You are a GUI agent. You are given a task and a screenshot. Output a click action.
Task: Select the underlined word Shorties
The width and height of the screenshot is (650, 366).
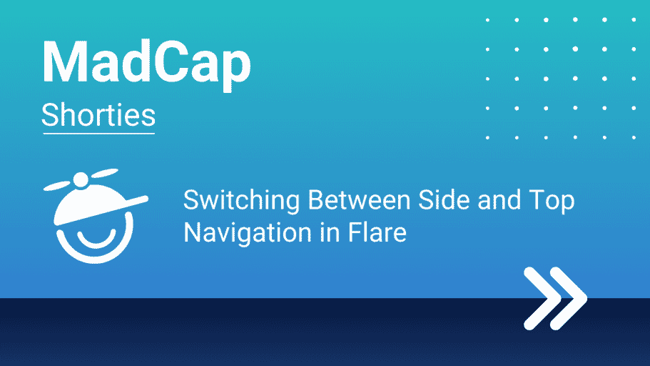point(98,114)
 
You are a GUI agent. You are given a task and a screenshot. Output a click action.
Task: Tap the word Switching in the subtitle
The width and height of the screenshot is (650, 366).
point(242,202)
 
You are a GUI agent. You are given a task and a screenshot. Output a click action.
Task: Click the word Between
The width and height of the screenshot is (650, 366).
point(359,200)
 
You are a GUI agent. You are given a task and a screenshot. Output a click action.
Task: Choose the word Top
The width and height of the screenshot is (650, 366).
point(552,202)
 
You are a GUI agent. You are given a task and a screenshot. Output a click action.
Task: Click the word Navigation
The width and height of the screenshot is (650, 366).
point(248,233)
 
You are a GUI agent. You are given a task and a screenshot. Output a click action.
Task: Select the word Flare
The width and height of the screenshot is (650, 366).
point(377,232)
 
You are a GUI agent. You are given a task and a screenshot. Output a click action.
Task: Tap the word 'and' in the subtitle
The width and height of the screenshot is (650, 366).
point(499,200)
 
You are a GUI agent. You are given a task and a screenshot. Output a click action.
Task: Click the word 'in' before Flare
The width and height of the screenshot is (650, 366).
point(330,232)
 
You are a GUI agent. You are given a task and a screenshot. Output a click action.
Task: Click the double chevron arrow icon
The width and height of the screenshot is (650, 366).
point(556,298)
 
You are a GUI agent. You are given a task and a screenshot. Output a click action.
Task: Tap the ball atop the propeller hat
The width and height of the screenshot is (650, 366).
point(81,179)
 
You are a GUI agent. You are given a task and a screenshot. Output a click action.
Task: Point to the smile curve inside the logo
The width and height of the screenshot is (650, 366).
point(96,239)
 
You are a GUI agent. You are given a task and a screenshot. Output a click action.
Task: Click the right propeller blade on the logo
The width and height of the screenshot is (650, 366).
point(104,173)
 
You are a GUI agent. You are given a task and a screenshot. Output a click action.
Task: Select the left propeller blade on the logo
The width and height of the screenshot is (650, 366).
point(58,185)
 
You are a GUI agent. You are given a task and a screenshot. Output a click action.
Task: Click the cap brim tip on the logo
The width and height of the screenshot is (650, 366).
point(144,199)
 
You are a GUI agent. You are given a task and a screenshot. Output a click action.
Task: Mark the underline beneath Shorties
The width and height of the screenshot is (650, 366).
point(98,134)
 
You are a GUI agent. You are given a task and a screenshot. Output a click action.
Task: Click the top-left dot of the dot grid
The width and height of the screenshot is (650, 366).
point(487,20)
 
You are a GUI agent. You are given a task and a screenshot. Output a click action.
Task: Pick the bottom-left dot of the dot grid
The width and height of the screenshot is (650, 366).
point(487,137)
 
